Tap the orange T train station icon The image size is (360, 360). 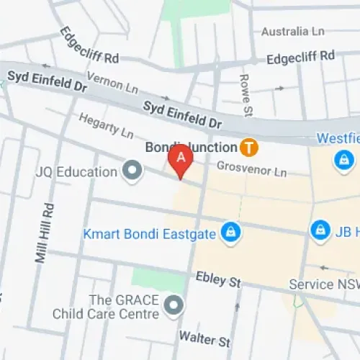[x=249, y=147]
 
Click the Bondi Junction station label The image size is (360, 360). [x=192, y=147]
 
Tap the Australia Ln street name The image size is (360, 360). [x=293, y=32]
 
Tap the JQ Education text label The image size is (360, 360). [x=76, y=172]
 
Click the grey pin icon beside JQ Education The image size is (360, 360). [x=132, y=171]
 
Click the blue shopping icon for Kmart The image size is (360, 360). [x=230, y=232]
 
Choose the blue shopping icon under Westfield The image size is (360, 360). [x=343, y=158]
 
